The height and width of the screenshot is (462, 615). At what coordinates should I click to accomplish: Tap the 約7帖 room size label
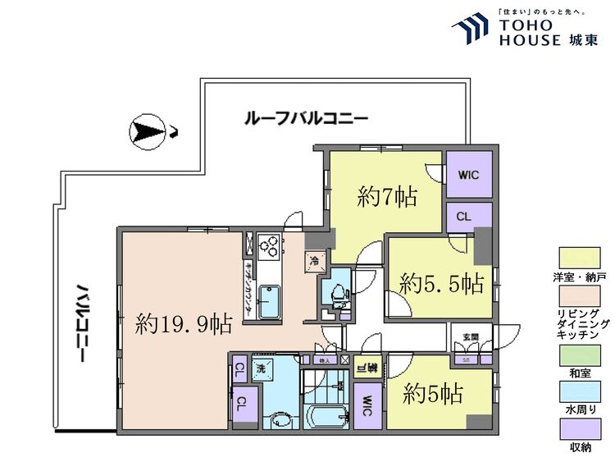click(x=388, y=196)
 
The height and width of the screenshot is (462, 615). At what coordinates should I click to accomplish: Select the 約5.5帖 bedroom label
click(x=441, y=284)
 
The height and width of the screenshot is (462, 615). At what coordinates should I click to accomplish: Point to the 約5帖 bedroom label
click(x=433, y=394)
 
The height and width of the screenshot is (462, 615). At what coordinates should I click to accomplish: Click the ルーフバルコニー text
click(x=306, y=118)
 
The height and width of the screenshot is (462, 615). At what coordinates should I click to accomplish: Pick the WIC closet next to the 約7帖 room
click(x=468, y=175)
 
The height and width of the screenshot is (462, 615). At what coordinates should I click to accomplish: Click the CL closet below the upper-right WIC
click(x=462, y=217)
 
